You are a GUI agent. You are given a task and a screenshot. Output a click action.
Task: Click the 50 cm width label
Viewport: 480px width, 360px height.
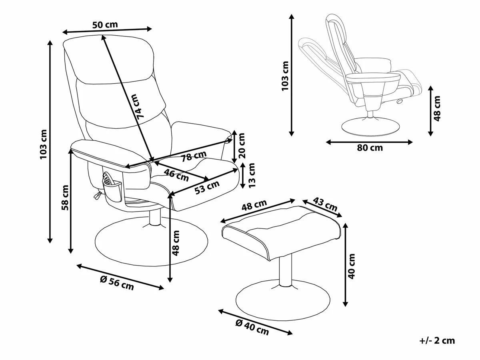(x=105, y=25)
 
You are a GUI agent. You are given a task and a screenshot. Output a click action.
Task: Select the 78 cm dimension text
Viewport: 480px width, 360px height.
(x=194, y=156)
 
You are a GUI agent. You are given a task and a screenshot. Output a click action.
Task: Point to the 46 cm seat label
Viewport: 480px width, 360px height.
(x=176, y=175)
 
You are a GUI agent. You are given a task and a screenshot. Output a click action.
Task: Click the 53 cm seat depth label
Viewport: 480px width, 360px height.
(x=207, y=187)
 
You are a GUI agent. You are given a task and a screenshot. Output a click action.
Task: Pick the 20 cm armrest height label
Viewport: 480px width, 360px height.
(x=242, y=146)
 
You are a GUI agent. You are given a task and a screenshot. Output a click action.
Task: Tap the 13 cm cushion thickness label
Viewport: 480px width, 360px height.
(x=252, y=175)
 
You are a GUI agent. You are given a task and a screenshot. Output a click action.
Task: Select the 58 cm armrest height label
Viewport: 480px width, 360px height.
(x=65, y=198)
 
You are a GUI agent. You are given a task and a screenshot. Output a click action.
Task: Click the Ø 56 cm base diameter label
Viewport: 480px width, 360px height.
(x=117, y=283)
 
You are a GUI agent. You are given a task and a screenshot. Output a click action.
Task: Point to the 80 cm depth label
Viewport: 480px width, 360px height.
(x=370, y=148)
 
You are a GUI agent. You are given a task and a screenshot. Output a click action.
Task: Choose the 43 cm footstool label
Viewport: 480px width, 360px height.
(x=325, y=204)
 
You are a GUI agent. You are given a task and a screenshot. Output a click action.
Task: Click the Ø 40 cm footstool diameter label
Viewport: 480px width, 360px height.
(x=252, y=328)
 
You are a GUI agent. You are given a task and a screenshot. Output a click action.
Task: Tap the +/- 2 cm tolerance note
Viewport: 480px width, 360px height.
(x=437, y=340)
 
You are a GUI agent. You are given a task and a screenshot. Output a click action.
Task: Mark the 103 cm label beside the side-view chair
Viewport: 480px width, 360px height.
(x=285, y=76)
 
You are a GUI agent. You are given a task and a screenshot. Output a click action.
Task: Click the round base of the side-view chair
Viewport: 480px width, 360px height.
(x=370, y=127)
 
